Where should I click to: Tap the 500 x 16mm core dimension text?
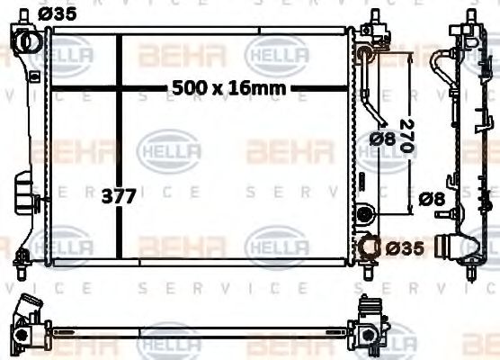coord(228,87)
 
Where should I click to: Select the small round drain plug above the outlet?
coord(364,214)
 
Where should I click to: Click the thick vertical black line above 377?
coord(121,108)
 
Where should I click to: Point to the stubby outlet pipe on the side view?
coord(447,244)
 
